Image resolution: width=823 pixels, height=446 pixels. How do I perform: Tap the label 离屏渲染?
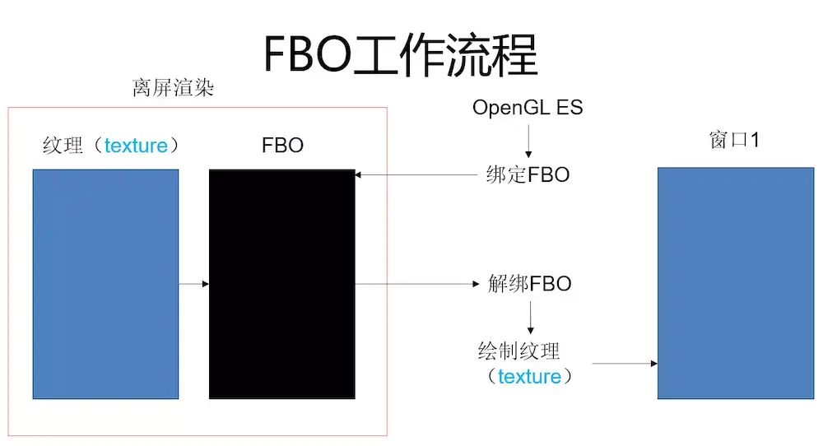point(173,89)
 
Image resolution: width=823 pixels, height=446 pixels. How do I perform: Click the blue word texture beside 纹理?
point(136,146)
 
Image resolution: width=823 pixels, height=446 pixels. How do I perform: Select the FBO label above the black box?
point(282,146)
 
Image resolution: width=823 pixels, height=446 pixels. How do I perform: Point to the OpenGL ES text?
point(528,109)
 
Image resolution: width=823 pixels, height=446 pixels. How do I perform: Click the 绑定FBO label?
point(528,174)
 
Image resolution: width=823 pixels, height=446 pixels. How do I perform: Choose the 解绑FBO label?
point(528,284)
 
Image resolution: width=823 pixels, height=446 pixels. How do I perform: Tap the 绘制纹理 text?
point(518,351)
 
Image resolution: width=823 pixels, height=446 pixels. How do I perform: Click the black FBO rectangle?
point(282,284)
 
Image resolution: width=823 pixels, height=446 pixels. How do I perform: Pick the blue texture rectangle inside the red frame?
point(105,284)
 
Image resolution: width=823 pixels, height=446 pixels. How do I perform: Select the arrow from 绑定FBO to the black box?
point(416,174)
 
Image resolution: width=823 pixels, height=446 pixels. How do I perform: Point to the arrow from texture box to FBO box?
point(194,285)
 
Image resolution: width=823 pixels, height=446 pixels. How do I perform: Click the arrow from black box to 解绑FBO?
point(416,285)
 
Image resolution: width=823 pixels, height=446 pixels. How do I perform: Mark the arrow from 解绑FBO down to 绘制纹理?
point(530,317)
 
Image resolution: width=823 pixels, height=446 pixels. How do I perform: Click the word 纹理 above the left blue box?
point(63,146)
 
